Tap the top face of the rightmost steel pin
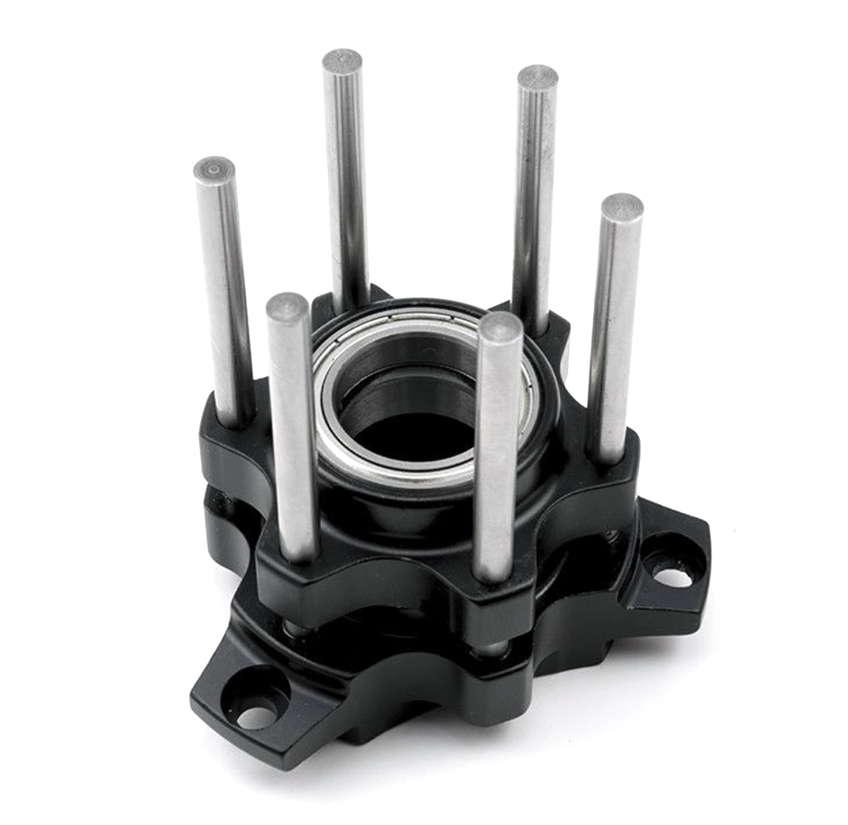622,206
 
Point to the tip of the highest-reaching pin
342,61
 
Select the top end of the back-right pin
538,77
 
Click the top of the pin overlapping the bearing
500,327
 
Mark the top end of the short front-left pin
287,306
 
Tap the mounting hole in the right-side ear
673,574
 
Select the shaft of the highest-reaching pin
347,181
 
